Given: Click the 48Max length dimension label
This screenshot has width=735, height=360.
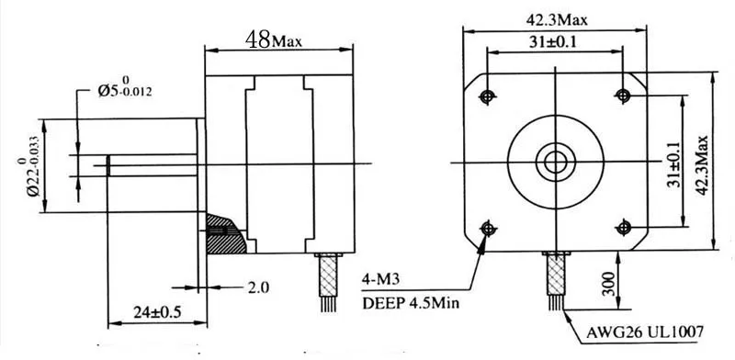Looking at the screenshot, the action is (274, 39).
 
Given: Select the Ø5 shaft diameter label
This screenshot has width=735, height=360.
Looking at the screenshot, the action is (124, 86).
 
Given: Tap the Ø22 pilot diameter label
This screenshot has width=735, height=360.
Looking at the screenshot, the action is (28, 164).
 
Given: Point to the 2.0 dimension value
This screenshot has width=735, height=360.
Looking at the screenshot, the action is (258, 287).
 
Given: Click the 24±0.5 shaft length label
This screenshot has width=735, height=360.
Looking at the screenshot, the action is (157, 311).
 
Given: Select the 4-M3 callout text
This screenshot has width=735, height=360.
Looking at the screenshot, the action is (380, 280).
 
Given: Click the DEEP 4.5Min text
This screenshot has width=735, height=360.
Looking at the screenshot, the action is (411, 303).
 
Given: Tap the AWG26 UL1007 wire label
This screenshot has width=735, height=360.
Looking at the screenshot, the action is (645, 332).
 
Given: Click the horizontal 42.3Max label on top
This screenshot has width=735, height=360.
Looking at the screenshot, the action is (557, 20).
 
